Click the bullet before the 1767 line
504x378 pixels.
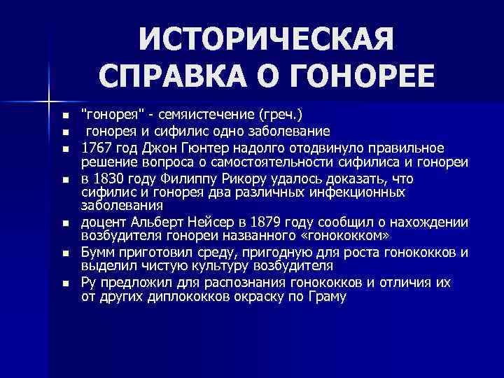click(x=65, y=148)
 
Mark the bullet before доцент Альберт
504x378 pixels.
click(x=65, y=223)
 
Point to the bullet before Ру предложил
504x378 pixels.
click(x=65, y=283)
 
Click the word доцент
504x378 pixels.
click(x=102, y=223)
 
